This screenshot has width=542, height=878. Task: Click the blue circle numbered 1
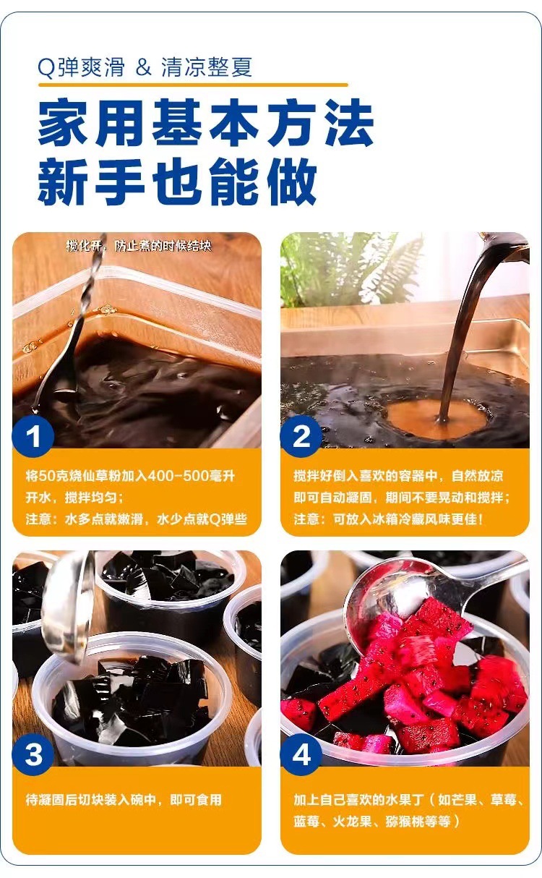click(33, 437)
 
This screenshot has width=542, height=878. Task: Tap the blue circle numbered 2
click(301, 437)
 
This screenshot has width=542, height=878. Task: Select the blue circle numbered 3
click(33, 754)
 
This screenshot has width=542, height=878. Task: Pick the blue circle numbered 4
click(301, 754)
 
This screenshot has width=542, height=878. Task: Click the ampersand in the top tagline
click(143, 67)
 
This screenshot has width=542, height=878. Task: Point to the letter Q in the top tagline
click(46, 68)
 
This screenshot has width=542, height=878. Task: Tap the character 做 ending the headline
click(292, 181)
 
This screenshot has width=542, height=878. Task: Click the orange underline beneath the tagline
click(193, 85)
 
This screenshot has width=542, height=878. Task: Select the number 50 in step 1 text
click(48, 476)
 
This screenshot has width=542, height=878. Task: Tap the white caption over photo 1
click(139, 246)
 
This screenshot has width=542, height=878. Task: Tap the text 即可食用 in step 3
click(196, 800)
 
